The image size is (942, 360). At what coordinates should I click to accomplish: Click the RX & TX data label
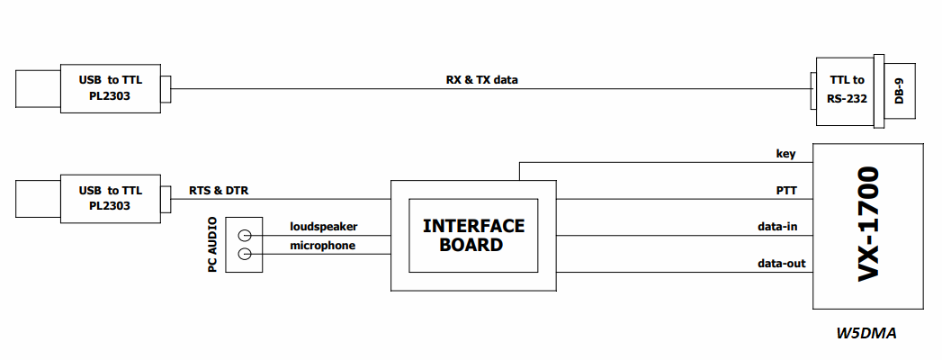tap(482, 79)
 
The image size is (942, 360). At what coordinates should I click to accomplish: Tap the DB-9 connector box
tap(900, 91)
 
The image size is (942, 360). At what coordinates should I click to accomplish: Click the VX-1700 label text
tap(869, 223)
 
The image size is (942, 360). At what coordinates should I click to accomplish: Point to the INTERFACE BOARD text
tap(473, 235)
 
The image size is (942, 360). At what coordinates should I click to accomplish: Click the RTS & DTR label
tap(218, 191)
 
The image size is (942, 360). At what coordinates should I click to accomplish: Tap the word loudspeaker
tap(324, 227)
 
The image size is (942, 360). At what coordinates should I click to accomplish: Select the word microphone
tap(323, 246)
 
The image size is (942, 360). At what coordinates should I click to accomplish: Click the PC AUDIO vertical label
tap(212, 245)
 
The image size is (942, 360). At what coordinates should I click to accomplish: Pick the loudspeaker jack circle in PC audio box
tap(245, 236)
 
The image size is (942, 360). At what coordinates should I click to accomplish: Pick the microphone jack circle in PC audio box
tap(245, 254)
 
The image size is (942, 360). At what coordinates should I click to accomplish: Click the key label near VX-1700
tap(786, 154)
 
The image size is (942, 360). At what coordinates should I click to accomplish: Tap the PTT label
tap(786, 191)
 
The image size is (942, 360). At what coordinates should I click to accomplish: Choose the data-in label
tap(777, 227)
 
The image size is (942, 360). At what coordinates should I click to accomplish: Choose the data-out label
tap(781, 263)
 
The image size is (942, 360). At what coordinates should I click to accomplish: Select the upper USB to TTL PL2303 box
tap(111, 88)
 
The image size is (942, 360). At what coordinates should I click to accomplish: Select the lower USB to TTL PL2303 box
tap(111, 199)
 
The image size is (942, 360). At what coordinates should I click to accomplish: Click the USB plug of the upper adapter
tap(38, 89)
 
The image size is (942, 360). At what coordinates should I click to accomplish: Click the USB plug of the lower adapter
tap(38, 198)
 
